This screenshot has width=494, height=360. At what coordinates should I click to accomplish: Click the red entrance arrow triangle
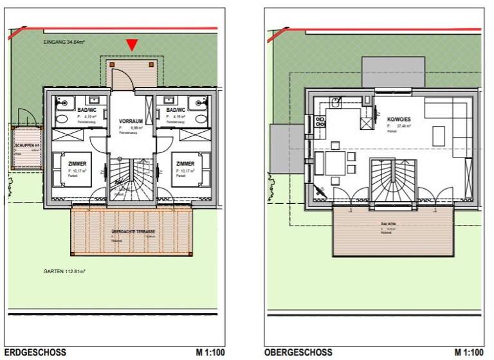point(131,44)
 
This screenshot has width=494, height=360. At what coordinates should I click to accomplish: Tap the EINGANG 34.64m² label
point(65,42)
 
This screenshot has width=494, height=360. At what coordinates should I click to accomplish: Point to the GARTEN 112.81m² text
point(65,272)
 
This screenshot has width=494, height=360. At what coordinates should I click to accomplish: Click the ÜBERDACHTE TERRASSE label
point(133,231)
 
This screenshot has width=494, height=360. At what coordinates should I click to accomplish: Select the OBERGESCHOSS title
point(298,352)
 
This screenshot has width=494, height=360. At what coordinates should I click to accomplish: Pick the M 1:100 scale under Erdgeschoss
point(210,352)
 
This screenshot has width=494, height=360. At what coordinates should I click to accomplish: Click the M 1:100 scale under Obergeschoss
point(469,352)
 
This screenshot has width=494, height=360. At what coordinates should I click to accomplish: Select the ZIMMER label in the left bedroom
point(77,164)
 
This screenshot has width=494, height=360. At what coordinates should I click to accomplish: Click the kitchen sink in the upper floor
point(335,102)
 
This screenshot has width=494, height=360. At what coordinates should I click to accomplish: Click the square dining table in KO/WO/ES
point(334,163)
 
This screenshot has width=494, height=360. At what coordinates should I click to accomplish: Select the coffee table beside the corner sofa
point(439,136)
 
